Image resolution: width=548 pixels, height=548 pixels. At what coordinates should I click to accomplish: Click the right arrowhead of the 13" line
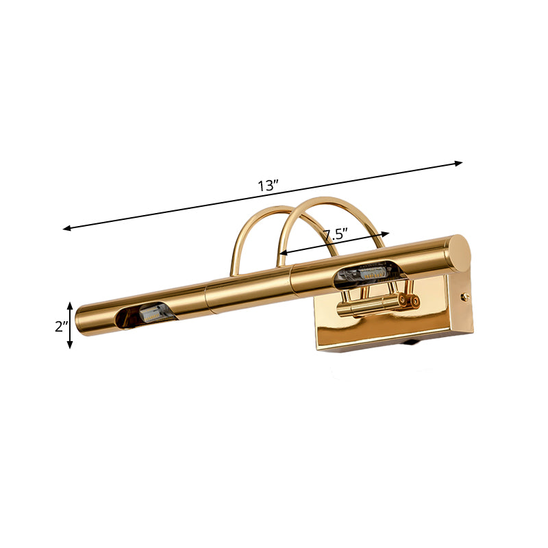coord(460,163)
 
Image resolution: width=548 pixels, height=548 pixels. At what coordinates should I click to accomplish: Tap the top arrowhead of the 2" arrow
coord(70,304)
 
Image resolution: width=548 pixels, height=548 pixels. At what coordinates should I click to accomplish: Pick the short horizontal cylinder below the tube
coord(370,307)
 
